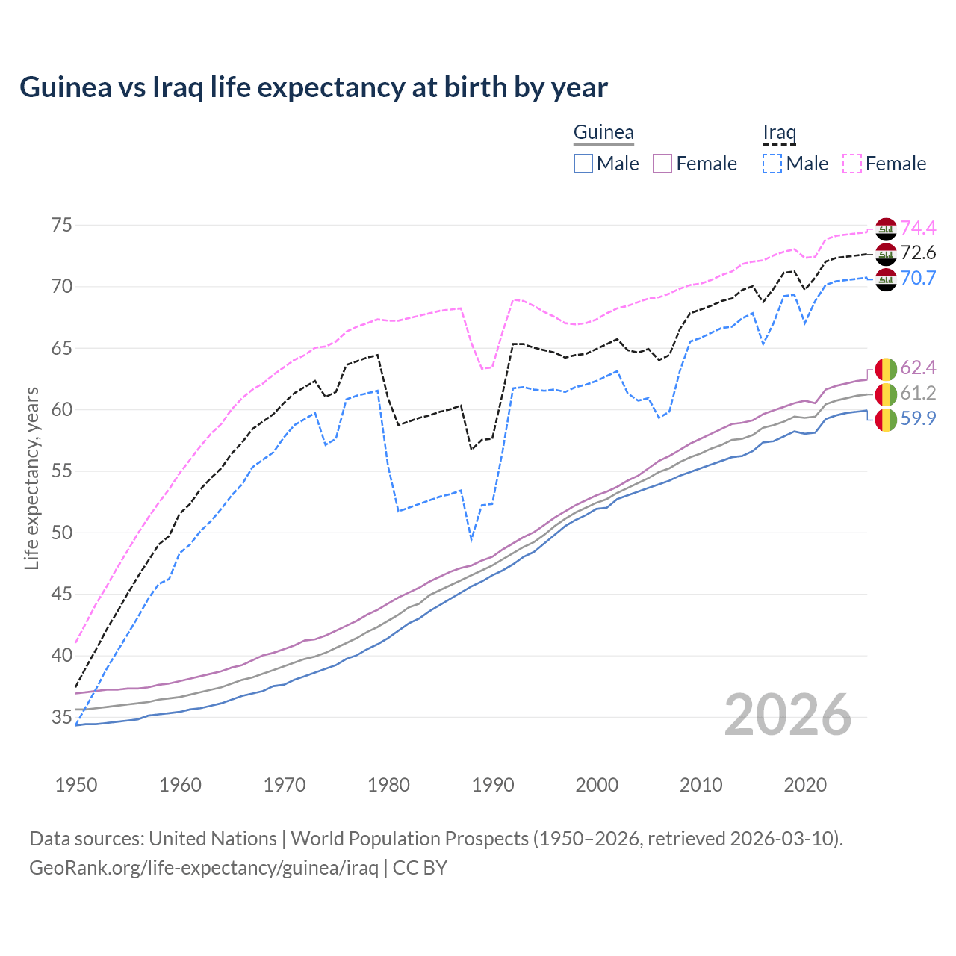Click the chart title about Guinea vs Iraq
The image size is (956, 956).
click(x=314, y=87)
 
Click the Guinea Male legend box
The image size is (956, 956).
click(x=583, y=164)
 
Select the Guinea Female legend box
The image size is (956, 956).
click(x=663, y=164)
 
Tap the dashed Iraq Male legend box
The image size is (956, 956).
click(x=772, y=164)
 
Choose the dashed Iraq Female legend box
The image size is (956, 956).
click(x=852, y=164)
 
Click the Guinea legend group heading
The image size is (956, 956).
click(x=603, y=133)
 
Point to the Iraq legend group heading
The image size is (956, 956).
click(x=779, y=133)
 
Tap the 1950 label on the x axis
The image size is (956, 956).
click(x=76, y=785)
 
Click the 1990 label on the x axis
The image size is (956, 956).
click(x=493, y=785)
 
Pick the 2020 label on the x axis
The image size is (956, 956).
click(x=805, y=785)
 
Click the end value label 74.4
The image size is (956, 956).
click(x=918, y=228)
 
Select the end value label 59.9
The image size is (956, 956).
click(x=918, y=418)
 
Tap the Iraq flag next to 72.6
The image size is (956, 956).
click(x=886, y=254)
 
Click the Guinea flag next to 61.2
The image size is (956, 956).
click(x=886, y=394)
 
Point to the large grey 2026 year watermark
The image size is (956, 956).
click(x=788, y=715)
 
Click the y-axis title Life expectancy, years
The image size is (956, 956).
click(x=31, y=478)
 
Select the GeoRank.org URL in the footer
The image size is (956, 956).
click(x=204, y=868)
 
